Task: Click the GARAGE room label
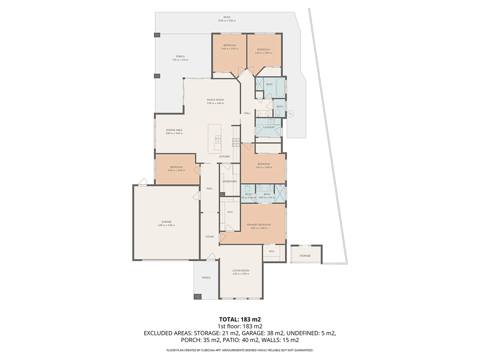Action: (x=166, y=222)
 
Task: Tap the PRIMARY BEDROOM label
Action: (x=259, y=225)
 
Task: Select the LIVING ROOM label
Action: (x=241, y=271)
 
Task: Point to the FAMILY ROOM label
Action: (x=215, y=100)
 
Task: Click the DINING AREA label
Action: (x=174, y=130)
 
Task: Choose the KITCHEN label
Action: (x=225, y=157)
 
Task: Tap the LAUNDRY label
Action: (x=269, y=127)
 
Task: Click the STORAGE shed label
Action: (x=305, y=256)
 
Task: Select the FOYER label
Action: (x=210, y=237)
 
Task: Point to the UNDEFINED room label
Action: (x=229, y=181)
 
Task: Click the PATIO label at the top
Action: (x=227, y=17)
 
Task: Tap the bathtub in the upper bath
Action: (x=280, y=87)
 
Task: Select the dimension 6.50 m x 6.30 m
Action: (x=166, y=225)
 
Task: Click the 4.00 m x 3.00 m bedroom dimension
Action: (x=176, y=171)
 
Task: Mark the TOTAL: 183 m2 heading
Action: (x=240, y=319)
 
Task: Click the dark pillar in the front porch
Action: (x=198, y=296)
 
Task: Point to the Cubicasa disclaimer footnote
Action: (x=240, y=350)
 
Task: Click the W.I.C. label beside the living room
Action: (x=272, y=251)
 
